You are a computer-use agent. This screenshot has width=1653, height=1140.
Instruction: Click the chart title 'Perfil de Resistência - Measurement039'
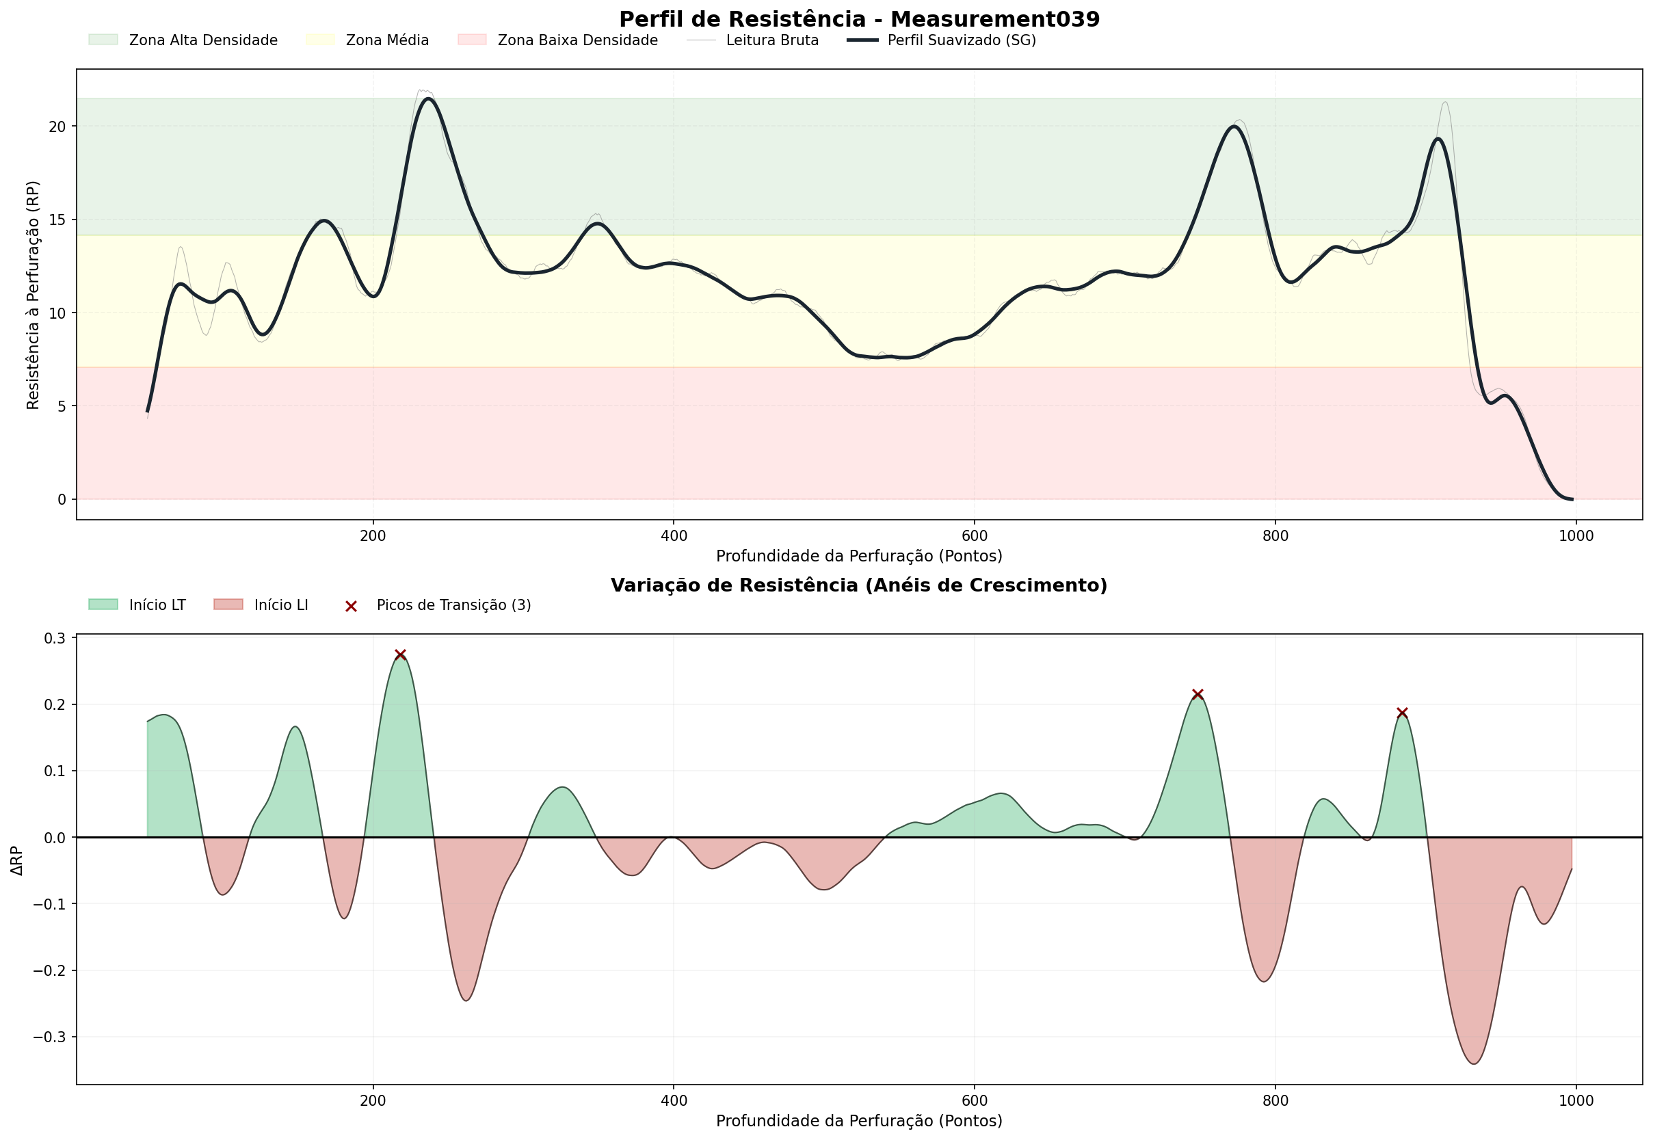pyautogui.click(x=859, y=19)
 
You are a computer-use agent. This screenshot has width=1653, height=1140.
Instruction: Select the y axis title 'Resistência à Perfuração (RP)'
pyautogui.click(x=33, y=295)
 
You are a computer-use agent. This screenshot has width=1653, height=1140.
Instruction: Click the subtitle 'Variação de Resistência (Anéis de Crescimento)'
pyautogui.click(x=859, y=585)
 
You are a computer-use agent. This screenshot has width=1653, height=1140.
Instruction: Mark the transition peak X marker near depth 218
pyautogui.click(x=401, y=655)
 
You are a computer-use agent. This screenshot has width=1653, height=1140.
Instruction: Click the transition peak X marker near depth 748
pyautogui.click(x=1198, y=694)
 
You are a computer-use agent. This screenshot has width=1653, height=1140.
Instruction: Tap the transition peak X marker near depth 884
pyautogui.click(x=1402, y=713)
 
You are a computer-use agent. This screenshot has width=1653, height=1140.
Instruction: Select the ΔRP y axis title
pyautogui.click(x=17, y=861)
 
